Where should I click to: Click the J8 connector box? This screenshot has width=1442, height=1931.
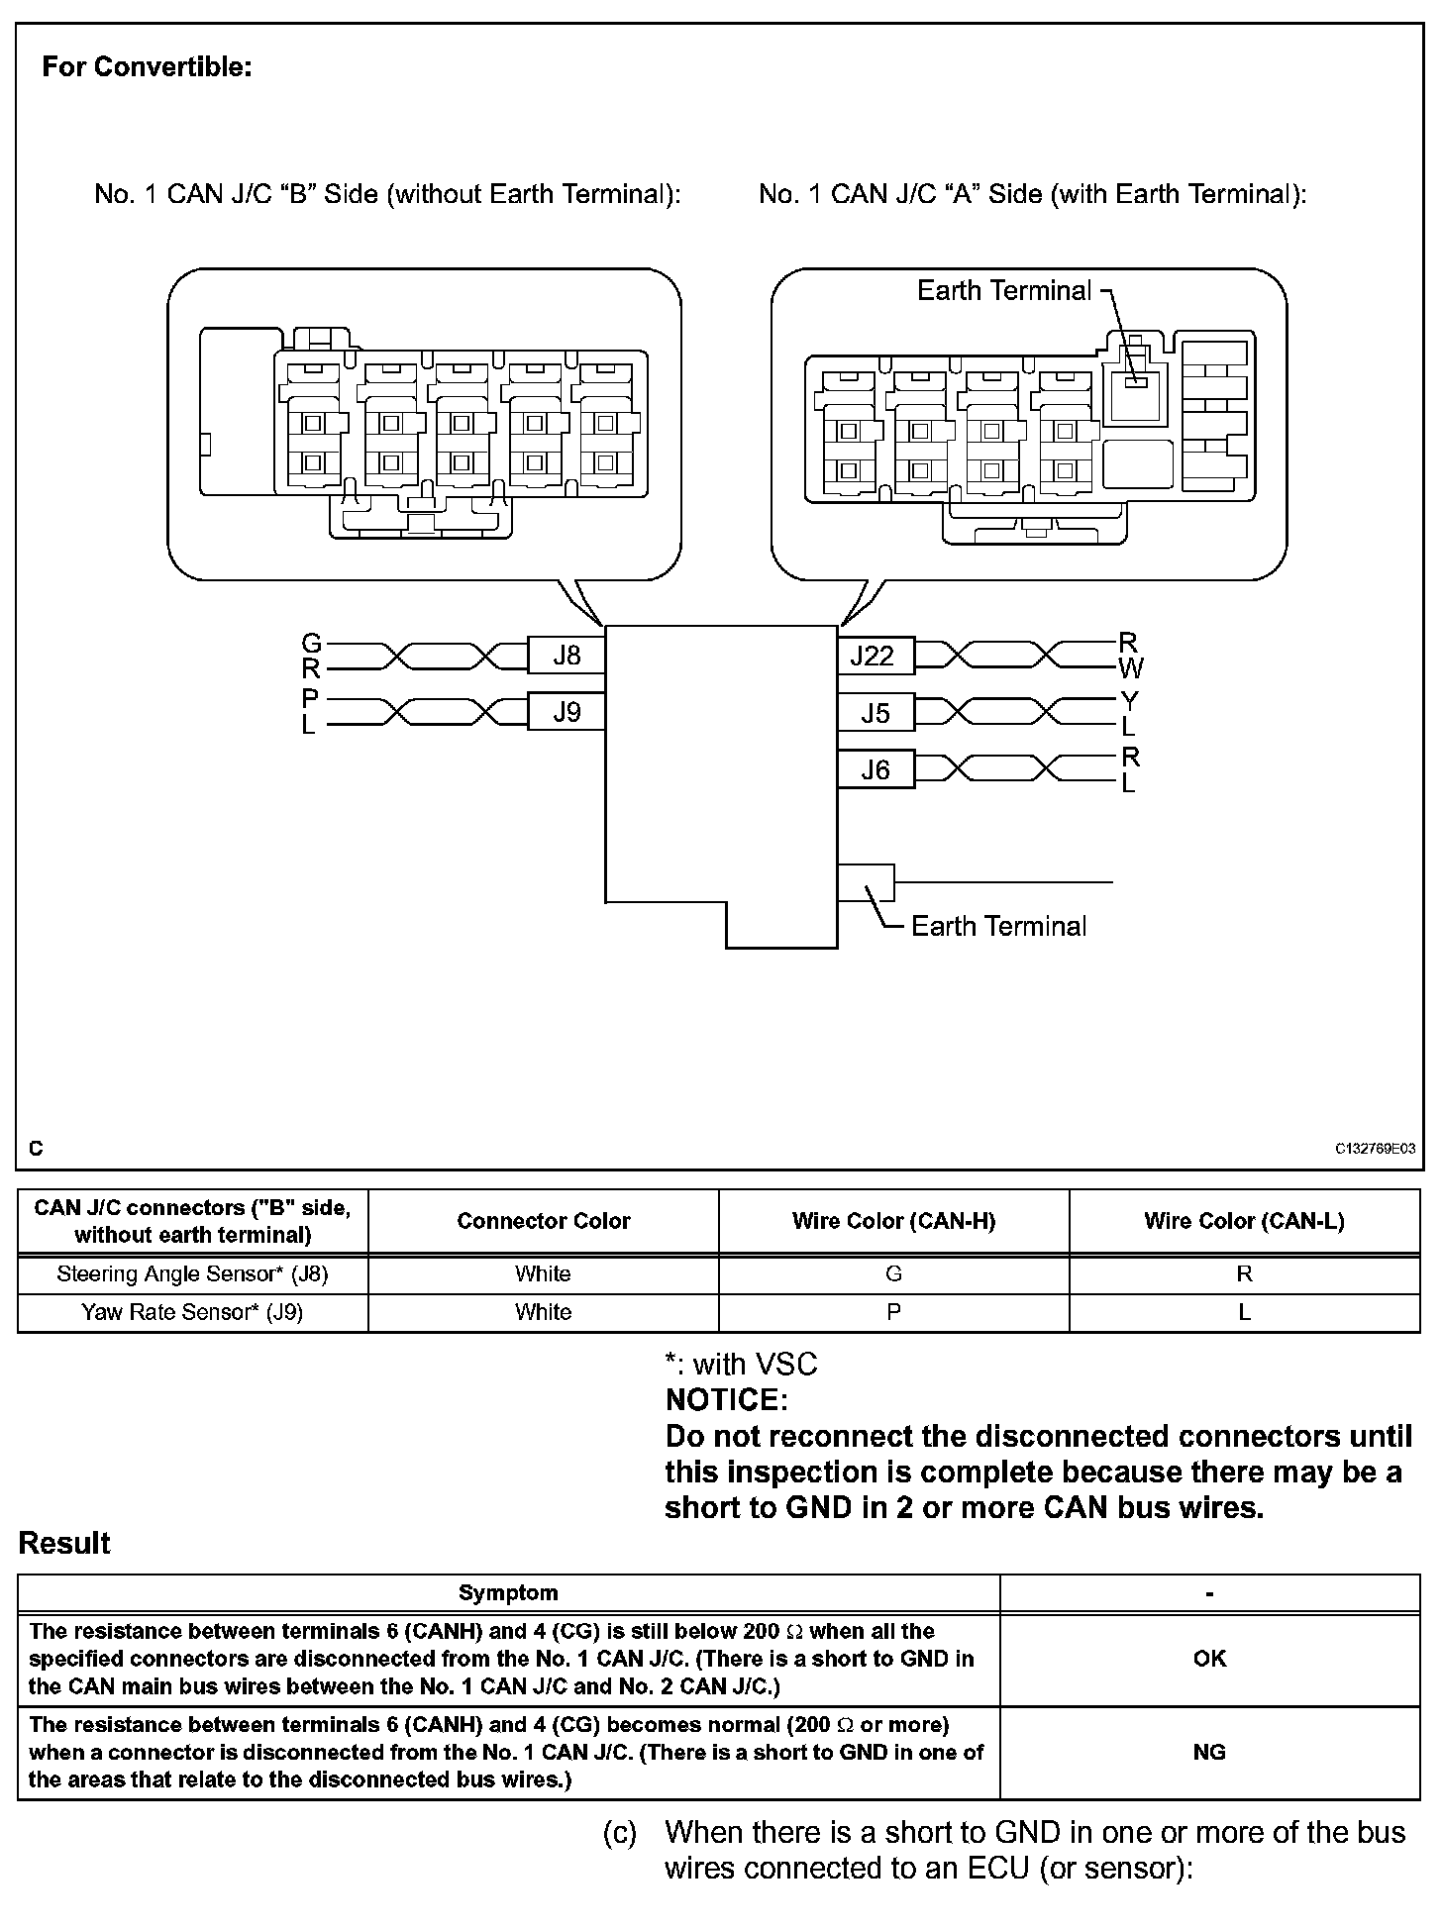566,656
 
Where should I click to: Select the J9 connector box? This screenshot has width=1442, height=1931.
566,712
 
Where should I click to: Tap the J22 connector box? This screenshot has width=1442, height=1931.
875,656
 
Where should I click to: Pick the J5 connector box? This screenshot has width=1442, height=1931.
875,713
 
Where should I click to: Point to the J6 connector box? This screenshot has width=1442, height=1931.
875,769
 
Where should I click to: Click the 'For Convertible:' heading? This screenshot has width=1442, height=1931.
147,67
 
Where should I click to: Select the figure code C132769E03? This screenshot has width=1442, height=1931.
1375,1149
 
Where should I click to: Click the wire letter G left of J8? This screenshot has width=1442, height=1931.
311,644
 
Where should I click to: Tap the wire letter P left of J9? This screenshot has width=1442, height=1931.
310,699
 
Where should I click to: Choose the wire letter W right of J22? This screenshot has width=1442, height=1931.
1131,668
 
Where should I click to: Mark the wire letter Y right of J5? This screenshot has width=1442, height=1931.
1129,701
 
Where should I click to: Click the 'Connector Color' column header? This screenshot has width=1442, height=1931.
543,1221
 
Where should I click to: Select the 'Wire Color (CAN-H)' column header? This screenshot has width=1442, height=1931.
893,1221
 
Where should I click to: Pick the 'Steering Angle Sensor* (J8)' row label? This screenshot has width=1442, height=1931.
192,1274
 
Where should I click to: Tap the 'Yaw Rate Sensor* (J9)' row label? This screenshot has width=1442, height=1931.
192,1312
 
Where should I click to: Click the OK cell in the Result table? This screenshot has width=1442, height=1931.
1209,1659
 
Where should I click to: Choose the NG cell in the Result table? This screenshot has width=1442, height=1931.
1209,1752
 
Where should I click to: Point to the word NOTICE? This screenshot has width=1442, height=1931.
726,1400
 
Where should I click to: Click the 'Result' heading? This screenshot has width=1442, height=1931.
64,1543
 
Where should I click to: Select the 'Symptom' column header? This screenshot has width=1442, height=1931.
508,1592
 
